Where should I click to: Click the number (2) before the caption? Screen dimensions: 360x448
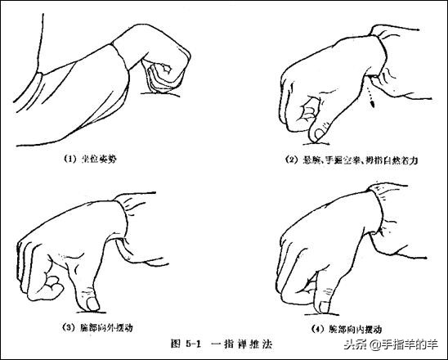293,160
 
